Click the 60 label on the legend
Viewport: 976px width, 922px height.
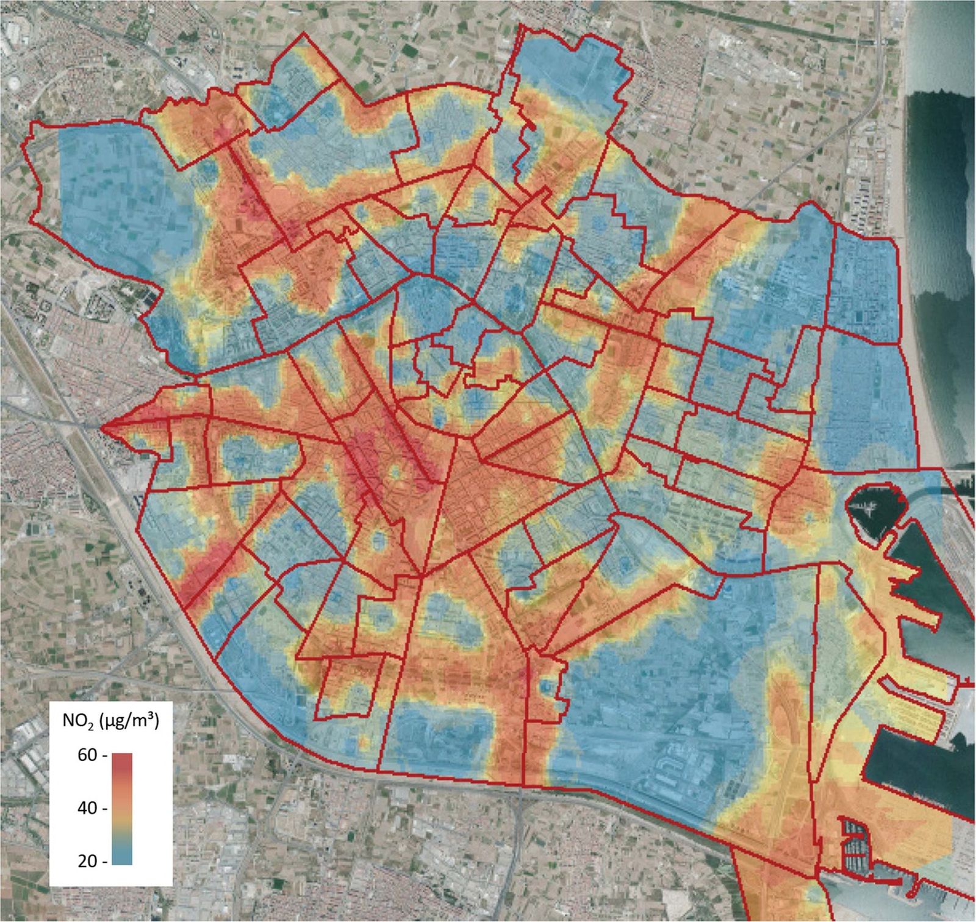tap(87, 755)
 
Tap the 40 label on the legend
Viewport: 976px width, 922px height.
tap(87, 808)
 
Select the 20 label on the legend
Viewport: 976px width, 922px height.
tap(87, 861)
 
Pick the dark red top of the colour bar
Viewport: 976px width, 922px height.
tap(123, 760)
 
